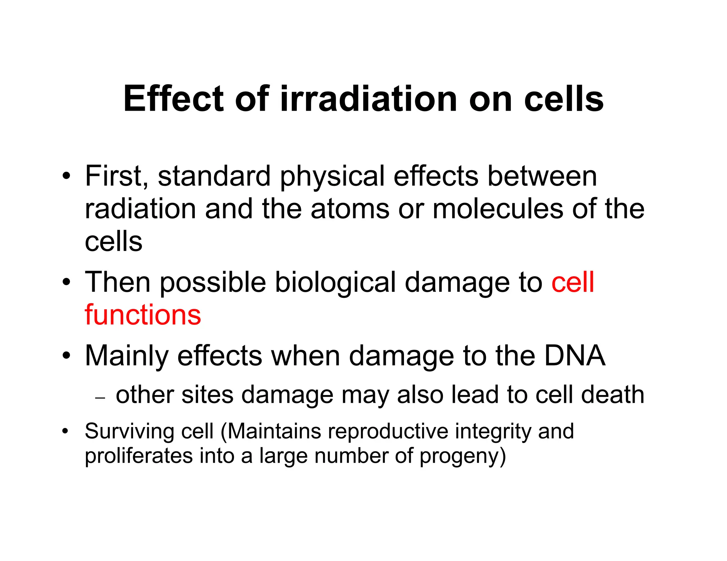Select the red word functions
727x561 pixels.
[x=143, y=315]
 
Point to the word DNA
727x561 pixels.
[x=574, y=356]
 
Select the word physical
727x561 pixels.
[x=332, y=177]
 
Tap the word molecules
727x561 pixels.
[x=498, y=209]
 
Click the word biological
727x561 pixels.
[x=335, y=283]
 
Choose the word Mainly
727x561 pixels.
[x=126, y=356]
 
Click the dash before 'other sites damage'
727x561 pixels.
[x=100, y=398]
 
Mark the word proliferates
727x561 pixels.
[x=138, y=456]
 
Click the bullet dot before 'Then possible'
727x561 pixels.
[x=66, y=282]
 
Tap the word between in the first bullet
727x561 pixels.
[x=542, y=176]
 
